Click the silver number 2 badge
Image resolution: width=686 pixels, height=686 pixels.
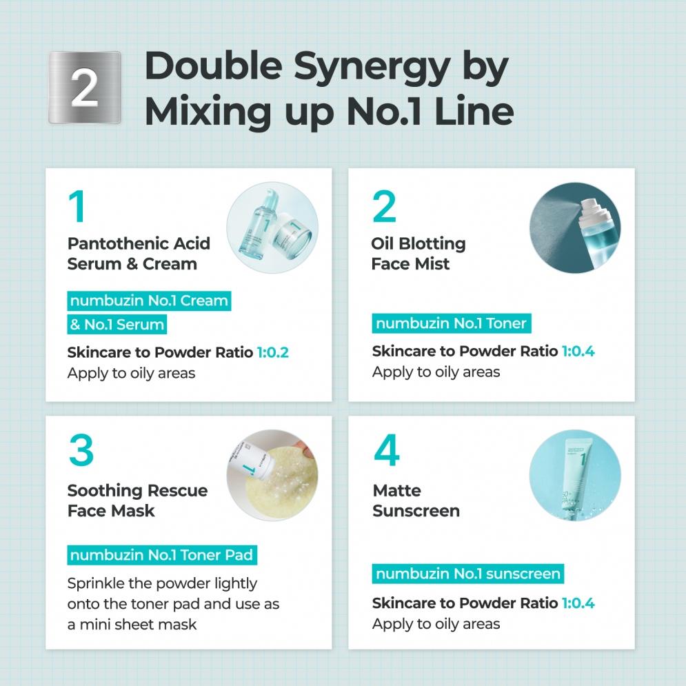84,88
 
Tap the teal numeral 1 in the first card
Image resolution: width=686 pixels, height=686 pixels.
77,206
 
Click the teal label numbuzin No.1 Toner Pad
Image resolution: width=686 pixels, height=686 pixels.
162,555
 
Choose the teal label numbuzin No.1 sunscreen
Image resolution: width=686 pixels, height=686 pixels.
467,574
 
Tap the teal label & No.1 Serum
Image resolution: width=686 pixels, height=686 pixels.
117,324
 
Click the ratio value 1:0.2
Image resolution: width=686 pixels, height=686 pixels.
272,352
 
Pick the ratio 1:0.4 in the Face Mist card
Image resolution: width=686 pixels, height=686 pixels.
578,351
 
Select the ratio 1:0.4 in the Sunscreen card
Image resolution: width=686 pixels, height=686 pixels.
578,603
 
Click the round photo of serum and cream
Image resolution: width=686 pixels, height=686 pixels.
272,228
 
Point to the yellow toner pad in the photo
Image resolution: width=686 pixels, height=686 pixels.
280,481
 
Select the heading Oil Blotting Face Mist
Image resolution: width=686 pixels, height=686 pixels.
418,253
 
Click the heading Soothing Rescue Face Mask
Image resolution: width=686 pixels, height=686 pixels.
137,501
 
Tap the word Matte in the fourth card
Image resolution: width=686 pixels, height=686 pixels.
397,490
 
